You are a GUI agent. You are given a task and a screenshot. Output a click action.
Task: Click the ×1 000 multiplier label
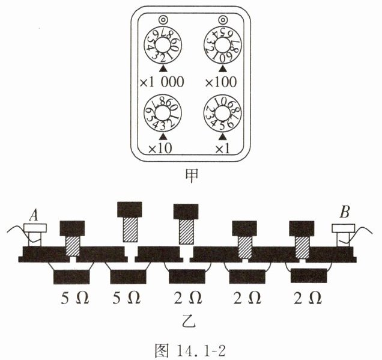[162, 81]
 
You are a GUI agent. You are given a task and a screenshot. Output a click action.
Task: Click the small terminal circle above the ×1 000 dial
[162, 20]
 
